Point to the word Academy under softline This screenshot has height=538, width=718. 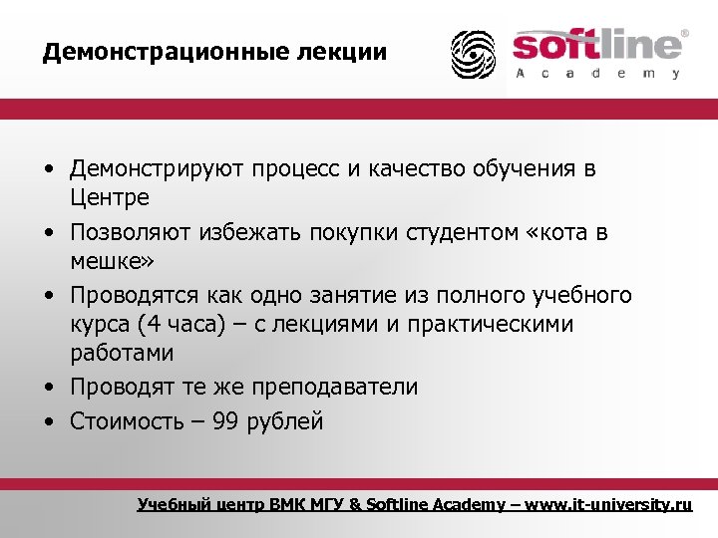[x=597, y=74]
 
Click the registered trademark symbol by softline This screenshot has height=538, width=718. [x=683, y=33]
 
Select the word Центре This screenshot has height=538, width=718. [x=110, y=197]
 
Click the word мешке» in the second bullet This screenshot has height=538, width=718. [x=111, y=260]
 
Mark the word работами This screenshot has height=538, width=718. [x=122, y=353]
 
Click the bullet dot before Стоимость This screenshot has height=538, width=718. [x=48, y=421]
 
